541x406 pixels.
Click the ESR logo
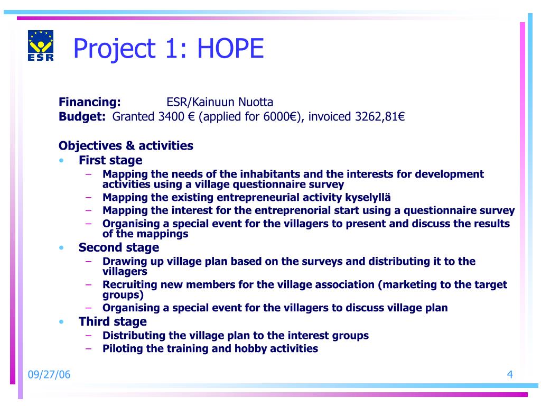click(41, 45)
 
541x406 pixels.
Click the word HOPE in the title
click(230, 48)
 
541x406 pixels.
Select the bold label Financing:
click(90, 102)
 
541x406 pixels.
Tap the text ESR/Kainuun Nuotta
click(220, 102)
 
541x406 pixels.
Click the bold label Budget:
click(82, 117)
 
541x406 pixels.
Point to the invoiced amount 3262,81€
click(380, 117)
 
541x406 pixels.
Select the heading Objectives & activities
click(126, 146)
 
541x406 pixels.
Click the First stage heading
click(110, 160)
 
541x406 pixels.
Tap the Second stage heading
click(119, 247)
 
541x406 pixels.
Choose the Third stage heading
click(113, 321)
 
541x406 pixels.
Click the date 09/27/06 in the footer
click(49, 375)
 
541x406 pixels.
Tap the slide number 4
click(510, 375)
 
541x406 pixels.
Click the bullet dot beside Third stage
click(61, 322)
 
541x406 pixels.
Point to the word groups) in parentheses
click(123, 295)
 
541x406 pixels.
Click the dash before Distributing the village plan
click(89, 335)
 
